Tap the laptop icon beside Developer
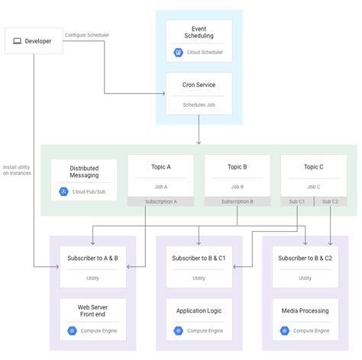18,40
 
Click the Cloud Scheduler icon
178,53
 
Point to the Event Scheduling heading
199,31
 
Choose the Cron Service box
199,94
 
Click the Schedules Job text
199,104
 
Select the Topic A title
160,167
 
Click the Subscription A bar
160,202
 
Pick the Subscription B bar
237,202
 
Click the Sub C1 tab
296,202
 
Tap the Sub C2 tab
330,202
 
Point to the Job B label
237,186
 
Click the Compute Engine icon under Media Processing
284,330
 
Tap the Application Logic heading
199,311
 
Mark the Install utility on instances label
17,170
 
